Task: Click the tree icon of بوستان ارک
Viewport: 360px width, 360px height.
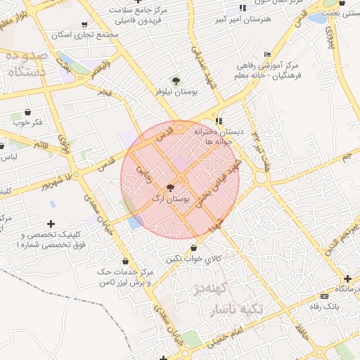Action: tap(169, 188)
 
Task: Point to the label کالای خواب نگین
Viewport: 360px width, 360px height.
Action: tap(193, 259)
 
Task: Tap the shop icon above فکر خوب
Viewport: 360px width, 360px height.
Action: tap(28, 111)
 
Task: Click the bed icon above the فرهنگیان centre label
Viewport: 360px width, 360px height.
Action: tap(266, 54)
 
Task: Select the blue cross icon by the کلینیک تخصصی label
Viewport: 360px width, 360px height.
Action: tap(52, 224)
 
